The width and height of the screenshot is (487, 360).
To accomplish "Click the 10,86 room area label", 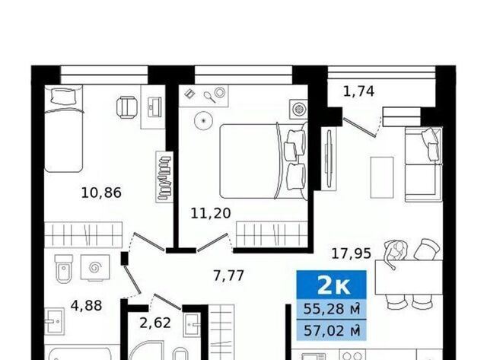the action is [101, 193].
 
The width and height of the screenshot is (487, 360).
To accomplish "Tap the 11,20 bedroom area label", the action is [211, 213].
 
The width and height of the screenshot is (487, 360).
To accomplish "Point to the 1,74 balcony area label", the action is [358, 91].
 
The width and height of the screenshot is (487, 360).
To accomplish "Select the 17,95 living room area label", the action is [352, 253].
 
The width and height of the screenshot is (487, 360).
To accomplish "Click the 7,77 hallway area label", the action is [228, 276].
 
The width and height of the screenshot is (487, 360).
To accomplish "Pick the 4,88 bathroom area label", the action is [86, 306].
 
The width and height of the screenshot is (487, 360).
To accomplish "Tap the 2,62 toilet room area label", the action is [155, 323].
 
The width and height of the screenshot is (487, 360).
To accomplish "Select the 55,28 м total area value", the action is [332, 309].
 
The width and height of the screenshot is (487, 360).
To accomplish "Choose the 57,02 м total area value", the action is [332, 330].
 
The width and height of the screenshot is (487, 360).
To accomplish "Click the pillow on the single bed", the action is [64, 96].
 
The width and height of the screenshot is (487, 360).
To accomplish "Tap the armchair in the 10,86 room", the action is [127, 107].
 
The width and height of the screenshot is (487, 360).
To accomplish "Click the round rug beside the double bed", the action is [204, 120].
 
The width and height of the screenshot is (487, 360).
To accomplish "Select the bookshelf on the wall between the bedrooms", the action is [164, 177].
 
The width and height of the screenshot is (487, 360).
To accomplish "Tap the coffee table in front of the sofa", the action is [382, 177].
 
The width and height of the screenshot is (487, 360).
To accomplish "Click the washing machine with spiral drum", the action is [95, 267].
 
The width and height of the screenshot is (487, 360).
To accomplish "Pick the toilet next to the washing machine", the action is [64, 269].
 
